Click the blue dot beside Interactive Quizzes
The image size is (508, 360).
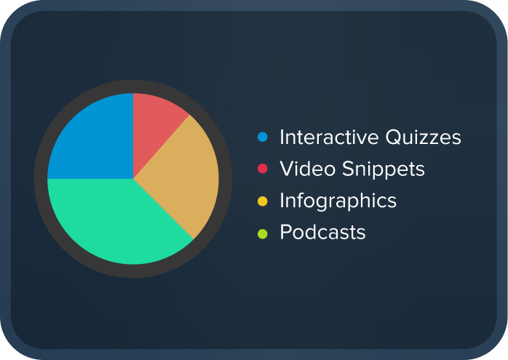click(263, 137)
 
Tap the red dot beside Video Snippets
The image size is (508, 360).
click(263, 169)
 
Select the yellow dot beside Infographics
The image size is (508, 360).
click(263, 201)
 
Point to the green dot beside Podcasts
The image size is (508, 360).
click(263, 233)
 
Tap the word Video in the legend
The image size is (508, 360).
click(302, 169)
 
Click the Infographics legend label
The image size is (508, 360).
click(338, 201)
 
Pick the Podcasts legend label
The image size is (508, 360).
click(323, 233)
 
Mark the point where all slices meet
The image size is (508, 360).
click(133, 178)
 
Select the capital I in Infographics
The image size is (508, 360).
click(282, 201)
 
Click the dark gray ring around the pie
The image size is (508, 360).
click(133, 86)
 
